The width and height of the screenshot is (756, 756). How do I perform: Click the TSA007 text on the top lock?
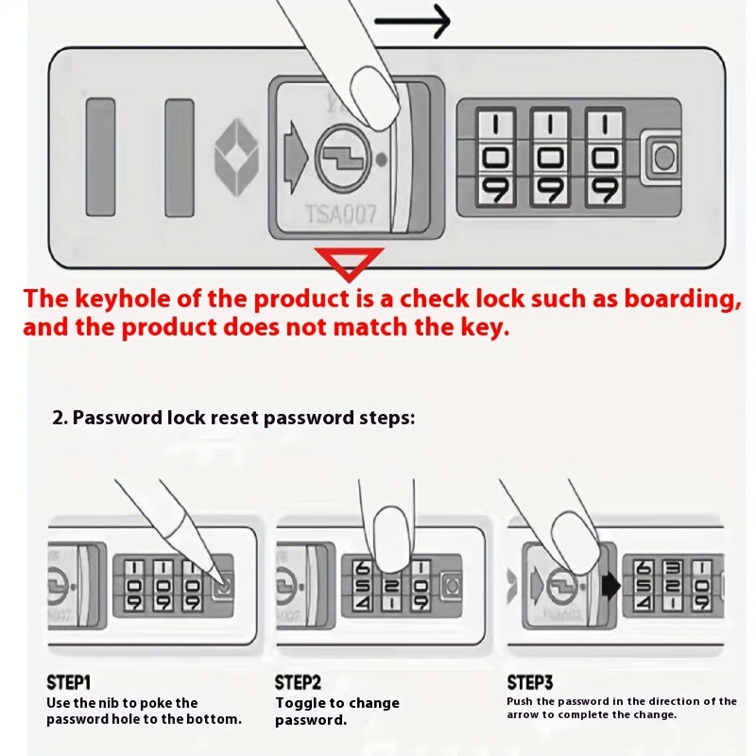[340, 215]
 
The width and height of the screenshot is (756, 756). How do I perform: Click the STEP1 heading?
[69, 682]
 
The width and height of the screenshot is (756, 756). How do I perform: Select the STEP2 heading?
[298, 682]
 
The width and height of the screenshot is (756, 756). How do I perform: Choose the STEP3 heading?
[530, 682]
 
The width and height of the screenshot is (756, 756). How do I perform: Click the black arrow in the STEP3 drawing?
[610, 586]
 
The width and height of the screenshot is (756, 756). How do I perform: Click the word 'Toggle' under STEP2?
[299, 703]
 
